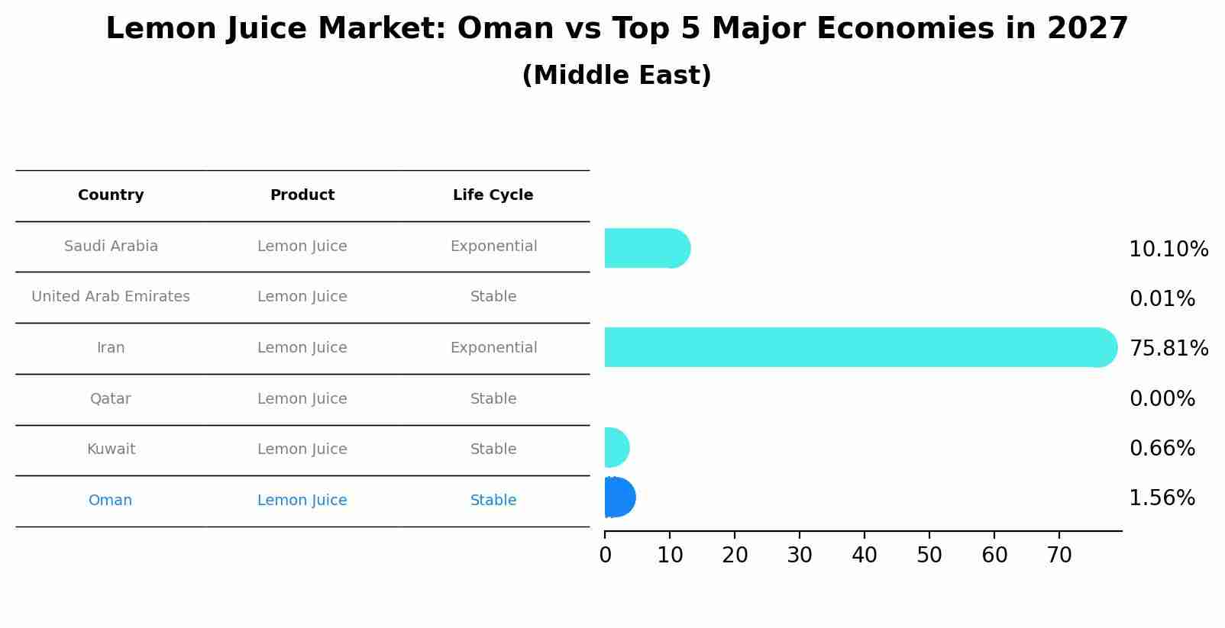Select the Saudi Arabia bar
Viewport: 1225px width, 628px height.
[x=646, y=248]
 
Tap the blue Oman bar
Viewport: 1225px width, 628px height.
[x=619, y=498]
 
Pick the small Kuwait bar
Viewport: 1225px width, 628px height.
[x=616, y=447]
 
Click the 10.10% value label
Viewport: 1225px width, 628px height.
[x=1168, y=250]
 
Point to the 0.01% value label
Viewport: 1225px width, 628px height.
[x=1162, y=299]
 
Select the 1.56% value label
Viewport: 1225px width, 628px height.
[x=1162, y=498]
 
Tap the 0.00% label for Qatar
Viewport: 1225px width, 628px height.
[x=1162, y=399]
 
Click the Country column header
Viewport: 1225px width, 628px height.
[x=111, y=195]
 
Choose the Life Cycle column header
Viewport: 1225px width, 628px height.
[x=493, y=195]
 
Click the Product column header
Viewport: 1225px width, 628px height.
[x=302, y=195]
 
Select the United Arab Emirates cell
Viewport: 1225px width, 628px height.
[x=111, y=297]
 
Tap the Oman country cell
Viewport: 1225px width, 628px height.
[x=111, y=501]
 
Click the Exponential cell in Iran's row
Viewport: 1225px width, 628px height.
[x=493, y=348]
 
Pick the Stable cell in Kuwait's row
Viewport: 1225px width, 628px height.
[x=493, y=449]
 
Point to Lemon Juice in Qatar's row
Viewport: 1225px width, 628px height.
[x=302, y=399]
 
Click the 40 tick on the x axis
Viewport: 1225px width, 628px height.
[x=865, y=556]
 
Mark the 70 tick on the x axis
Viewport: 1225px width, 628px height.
[x=1059, y=556]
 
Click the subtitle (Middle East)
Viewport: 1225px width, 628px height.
[x=616, y=76]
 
